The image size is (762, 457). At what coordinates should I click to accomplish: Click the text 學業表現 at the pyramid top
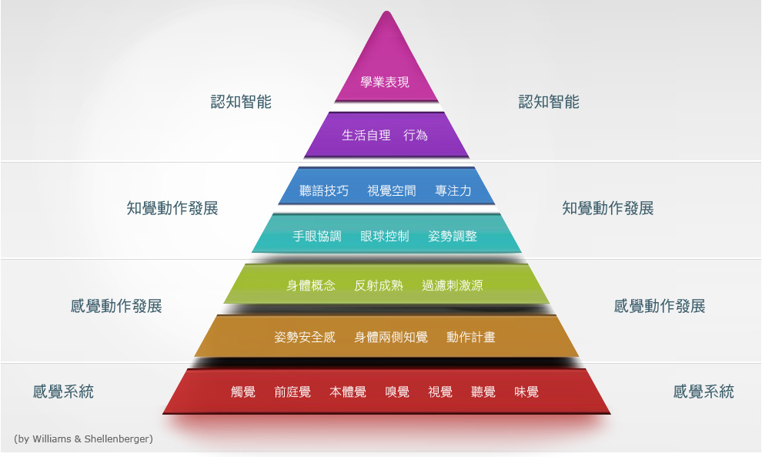(385, 82)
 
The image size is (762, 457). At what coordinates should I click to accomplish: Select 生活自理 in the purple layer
(366, 136)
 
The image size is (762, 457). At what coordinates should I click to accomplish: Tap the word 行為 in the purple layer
(416, 136)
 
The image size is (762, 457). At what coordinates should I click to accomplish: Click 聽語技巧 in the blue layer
(324, 190)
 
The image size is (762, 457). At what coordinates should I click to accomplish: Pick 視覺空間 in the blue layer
(392, 190)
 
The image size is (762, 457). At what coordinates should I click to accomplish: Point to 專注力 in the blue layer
(453, 190)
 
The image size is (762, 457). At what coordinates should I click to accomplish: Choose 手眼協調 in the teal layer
(317, 237)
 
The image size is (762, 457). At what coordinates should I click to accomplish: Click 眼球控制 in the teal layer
(385, 237)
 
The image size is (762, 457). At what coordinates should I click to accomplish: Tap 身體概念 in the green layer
(311, 285)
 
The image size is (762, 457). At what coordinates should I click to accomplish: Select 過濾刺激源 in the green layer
(453, 285)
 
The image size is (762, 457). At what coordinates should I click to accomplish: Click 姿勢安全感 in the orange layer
(305, 338)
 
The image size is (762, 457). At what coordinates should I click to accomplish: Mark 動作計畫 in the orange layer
(471, 338)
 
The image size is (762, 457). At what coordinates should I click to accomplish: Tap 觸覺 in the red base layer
(243, 392)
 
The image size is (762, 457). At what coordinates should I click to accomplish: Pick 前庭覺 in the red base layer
(292, 392)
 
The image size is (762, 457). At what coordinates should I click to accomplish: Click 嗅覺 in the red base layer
(397, 392)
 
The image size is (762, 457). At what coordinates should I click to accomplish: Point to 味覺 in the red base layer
(526, 392)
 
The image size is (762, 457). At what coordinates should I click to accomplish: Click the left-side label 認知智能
(241, 102)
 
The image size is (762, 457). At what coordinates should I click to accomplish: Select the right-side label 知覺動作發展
(608, 208)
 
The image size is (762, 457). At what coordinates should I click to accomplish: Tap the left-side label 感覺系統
(63, 391)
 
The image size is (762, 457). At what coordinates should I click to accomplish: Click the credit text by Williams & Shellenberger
(83, 439)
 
